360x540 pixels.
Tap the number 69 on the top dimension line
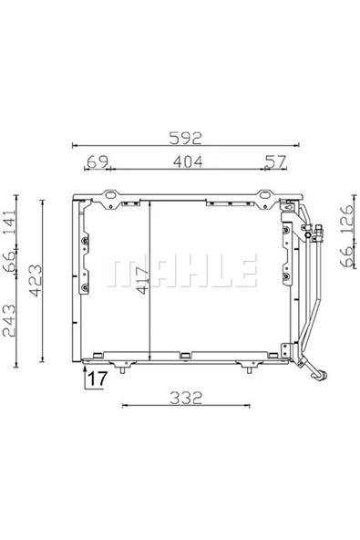tap(97, 162)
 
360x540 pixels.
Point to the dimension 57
tap(275, 162)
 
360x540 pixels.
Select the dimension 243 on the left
tap(11, 319)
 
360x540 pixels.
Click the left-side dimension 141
tap(11, 223)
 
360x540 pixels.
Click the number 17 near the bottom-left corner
tap(98, 378)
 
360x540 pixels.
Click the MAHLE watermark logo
tap(182, 270)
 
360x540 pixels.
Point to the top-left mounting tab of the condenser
tap(110, 194)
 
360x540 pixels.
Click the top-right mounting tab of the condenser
tap(266, 194)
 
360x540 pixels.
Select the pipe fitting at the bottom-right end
tap(320, 372)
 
